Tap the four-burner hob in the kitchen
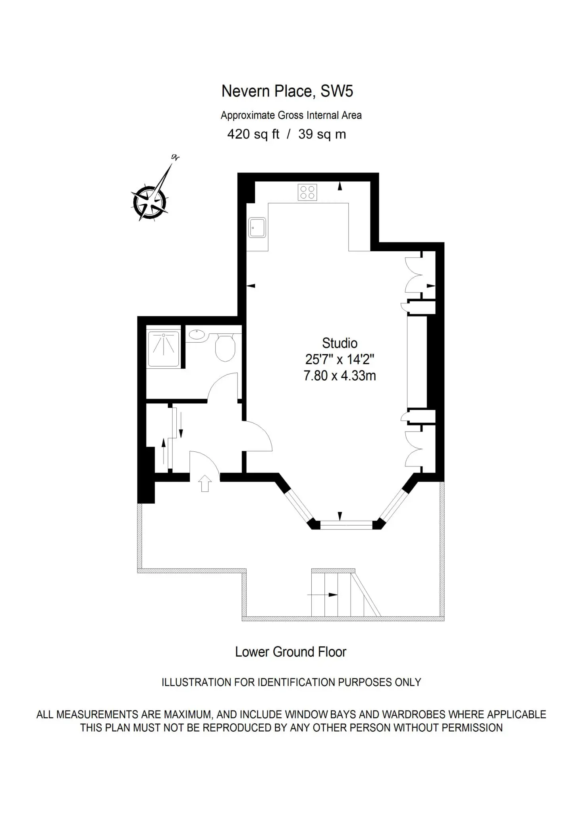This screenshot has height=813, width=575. click(307, 193)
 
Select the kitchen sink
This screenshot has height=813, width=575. click(257, 227)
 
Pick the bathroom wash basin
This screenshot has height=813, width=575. click(197, 335)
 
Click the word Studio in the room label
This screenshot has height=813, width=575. click(340, 343)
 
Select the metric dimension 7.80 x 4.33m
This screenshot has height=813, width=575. click(340, 376)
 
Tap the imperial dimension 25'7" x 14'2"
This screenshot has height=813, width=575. click(340, 359)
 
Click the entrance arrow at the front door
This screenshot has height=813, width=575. click(205, 483)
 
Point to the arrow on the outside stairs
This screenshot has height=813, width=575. click(322, 595)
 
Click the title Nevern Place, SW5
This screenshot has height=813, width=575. click(287, 91)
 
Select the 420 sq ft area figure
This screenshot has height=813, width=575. click(253, 134)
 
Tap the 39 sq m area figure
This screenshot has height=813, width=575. click(322, 134)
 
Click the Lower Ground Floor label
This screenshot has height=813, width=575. click(291, 652)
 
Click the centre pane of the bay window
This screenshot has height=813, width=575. click(346, 525)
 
